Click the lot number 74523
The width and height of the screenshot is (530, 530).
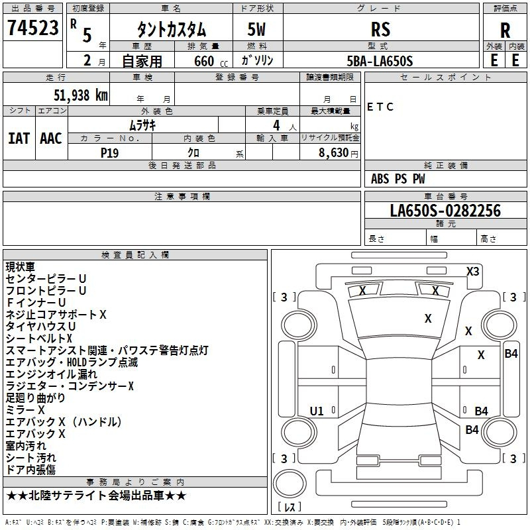32,28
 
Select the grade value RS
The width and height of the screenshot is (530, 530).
380,29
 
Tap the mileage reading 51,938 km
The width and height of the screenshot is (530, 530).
81,95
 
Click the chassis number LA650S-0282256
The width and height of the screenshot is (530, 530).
445,210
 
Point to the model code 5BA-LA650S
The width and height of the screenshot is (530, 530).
380,61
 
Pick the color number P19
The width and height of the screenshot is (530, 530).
109,153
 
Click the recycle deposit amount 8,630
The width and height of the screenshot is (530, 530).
334,153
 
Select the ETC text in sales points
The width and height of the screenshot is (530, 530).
380,107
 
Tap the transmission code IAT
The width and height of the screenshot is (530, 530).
19,138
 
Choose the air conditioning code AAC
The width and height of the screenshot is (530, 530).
51,138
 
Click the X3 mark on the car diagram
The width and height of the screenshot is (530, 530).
472,272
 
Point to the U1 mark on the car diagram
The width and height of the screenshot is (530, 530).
317,411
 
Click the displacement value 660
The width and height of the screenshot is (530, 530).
204,61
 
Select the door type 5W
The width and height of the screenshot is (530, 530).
256,29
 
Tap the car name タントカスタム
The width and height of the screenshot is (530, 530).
172,30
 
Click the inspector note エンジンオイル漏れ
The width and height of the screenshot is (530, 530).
52,374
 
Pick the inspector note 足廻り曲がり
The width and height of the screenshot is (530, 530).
35,398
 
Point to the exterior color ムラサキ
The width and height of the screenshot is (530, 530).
142,125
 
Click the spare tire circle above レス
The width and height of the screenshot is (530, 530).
290,484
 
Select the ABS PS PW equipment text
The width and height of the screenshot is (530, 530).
398,178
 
